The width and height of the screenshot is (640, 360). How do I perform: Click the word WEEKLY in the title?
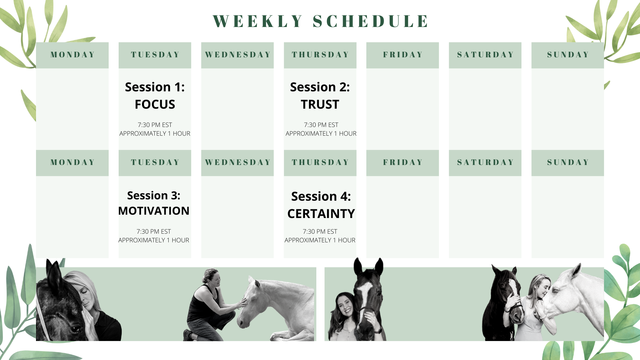point(258,21)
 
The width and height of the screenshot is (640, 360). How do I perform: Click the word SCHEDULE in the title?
point(371,21)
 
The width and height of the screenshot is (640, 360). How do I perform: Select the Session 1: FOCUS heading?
point(155,95)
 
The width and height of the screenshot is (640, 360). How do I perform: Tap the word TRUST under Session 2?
point(320,104)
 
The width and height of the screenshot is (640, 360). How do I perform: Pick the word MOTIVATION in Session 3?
point(154,211)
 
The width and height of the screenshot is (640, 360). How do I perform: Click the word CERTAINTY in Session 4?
point(321,214)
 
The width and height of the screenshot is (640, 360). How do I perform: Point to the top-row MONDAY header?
point(72,55)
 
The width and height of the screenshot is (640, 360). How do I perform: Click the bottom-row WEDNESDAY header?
point(237,163)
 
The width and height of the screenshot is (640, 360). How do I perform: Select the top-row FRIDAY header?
point(403,55)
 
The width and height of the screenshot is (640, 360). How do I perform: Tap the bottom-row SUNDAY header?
point(568,163)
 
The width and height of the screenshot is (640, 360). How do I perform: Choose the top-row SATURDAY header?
point(485,55)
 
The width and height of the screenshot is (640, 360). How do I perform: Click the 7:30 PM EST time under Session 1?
point(155,125)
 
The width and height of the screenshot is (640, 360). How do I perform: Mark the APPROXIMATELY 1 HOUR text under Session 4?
point(320,240)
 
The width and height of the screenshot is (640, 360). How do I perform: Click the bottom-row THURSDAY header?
point(320,163)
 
